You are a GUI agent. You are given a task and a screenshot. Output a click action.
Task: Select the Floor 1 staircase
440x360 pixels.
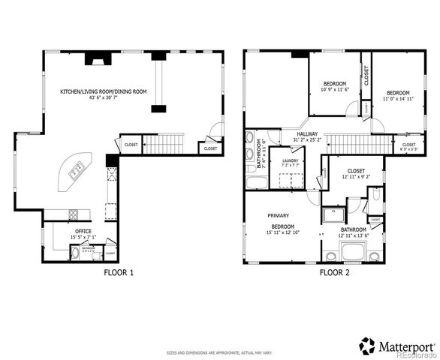point(163,142)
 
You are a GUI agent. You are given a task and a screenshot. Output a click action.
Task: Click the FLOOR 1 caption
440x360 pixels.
point(119,273)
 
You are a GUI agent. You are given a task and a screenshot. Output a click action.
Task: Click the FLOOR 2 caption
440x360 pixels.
point(335,273)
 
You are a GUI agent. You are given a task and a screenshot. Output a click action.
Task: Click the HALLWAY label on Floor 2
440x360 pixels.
point(307,133)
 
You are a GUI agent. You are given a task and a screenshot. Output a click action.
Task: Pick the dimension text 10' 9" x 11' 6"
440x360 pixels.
point(335,89)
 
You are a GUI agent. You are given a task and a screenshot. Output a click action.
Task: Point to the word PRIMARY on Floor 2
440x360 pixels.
point(279,215)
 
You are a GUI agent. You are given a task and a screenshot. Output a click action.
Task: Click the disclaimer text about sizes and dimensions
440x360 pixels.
point(219,351)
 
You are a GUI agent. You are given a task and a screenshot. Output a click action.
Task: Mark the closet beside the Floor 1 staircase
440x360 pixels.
point(131,144)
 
